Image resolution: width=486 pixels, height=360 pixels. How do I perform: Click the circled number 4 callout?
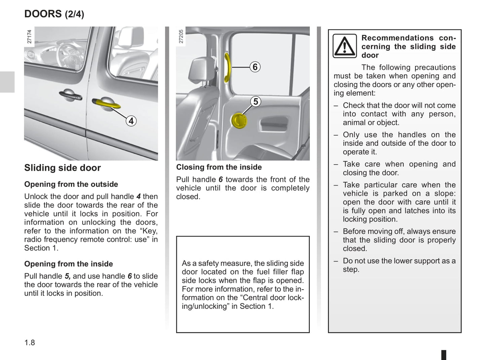(x=131, y=121)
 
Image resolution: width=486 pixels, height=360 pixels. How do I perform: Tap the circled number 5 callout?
(x=256, y=101)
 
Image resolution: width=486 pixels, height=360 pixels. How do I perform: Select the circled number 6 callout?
(x=255, y=67)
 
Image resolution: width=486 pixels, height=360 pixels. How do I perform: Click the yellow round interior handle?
(x=239, y=121)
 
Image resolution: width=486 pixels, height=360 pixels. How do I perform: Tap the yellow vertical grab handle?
(x=228, y=67)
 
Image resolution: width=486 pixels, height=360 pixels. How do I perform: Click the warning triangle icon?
(x=344, y=46)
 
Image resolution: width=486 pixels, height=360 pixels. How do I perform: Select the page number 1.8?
(x=30, y=343)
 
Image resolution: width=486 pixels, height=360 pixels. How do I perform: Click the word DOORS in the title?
(x=43, y=14)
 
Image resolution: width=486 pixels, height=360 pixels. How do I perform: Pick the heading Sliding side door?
(x=63, y=168)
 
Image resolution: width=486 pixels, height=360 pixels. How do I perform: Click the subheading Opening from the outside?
(x=71, y=184)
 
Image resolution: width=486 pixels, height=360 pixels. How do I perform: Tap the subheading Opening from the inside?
(x=68, y=264)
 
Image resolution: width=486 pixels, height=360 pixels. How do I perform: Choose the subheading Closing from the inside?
(x=219, y=167)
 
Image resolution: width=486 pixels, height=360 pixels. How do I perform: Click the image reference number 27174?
(x=29, y=36)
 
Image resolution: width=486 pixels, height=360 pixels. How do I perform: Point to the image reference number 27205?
(x=181, y=36)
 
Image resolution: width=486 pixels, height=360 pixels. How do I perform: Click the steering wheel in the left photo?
(x=66, y=54)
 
